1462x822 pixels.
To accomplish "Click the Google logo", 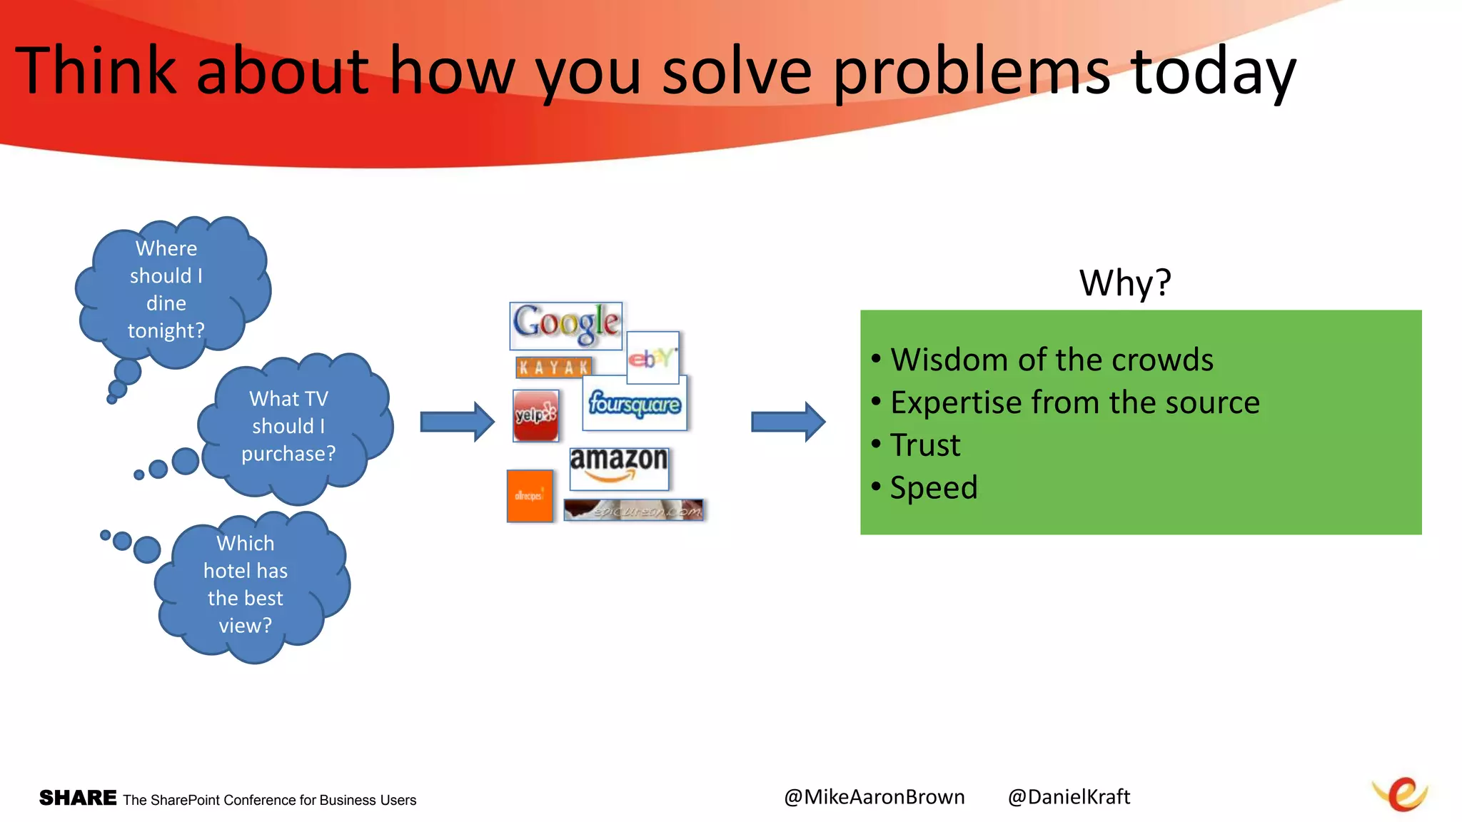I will pos(565,325).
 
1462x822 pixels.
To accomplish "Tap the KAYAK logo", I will pos(553,367).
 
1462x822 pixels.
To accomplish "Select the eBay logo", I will pos(652,357).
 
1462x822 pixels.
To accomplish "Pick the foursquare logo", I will pos(635,404).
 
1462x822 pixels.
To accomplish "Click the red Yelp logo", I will pos(535,415).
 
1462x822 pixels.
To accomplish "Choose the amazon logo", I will pos(619,467).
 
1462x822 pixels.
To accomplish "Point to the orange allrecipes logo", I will pos(530,496).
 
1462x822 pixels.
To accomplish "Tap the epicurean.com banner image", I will pos(633,509).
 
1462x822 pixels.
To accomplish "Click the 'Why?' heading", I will pos(1125,283).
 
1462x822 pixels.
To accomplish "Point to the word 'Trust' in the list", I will pos(925,445).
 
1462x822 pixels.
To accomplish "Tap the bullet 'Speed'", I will pos(933,488).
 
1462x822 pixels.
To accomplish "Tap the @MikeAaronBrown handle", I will pos(874,797).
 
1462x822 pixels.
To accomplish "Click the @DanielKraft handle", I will pos(1069,797).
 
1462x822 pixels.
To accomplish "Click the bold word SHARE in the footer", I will pos(78,798).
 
